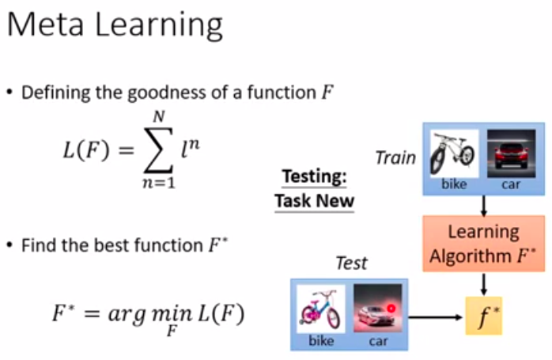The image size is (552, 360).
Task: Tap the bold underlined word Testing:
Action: (314, 177)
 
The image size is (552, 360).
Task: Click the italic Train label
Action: (395, 157)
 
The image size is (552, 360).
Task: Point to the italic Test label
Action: (351, 262)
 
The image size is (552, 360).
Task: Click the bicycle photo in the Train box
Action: (454, 153)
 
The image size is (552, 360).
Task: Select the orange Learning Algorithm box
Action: (483, 244)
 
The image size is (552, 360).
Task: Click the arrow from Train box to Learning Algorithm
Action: (483, 205)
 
